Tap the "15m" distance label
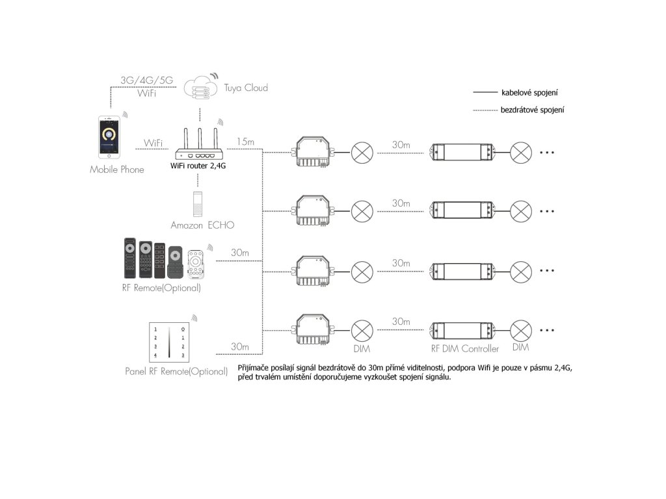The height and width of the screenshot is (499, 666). tap(246, 141)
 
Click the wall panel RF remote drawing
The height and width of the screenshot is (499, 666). tap(169, 340)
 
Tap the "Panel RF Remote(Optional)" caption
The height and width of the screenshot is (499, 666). tap(176, 372)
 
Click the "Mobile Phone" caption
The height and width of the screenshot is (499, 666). tap(117, 170)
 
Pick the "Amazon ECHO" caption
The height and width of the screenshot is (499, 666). tap(202, 225)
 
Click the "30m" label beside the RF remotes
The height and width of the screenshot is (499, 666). tap(240, 252)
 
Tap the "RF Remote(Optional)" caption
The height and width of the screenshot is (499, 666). tap(161, 287)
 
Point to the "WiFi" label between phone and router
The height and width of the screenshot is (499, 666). tap(153, 142)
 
